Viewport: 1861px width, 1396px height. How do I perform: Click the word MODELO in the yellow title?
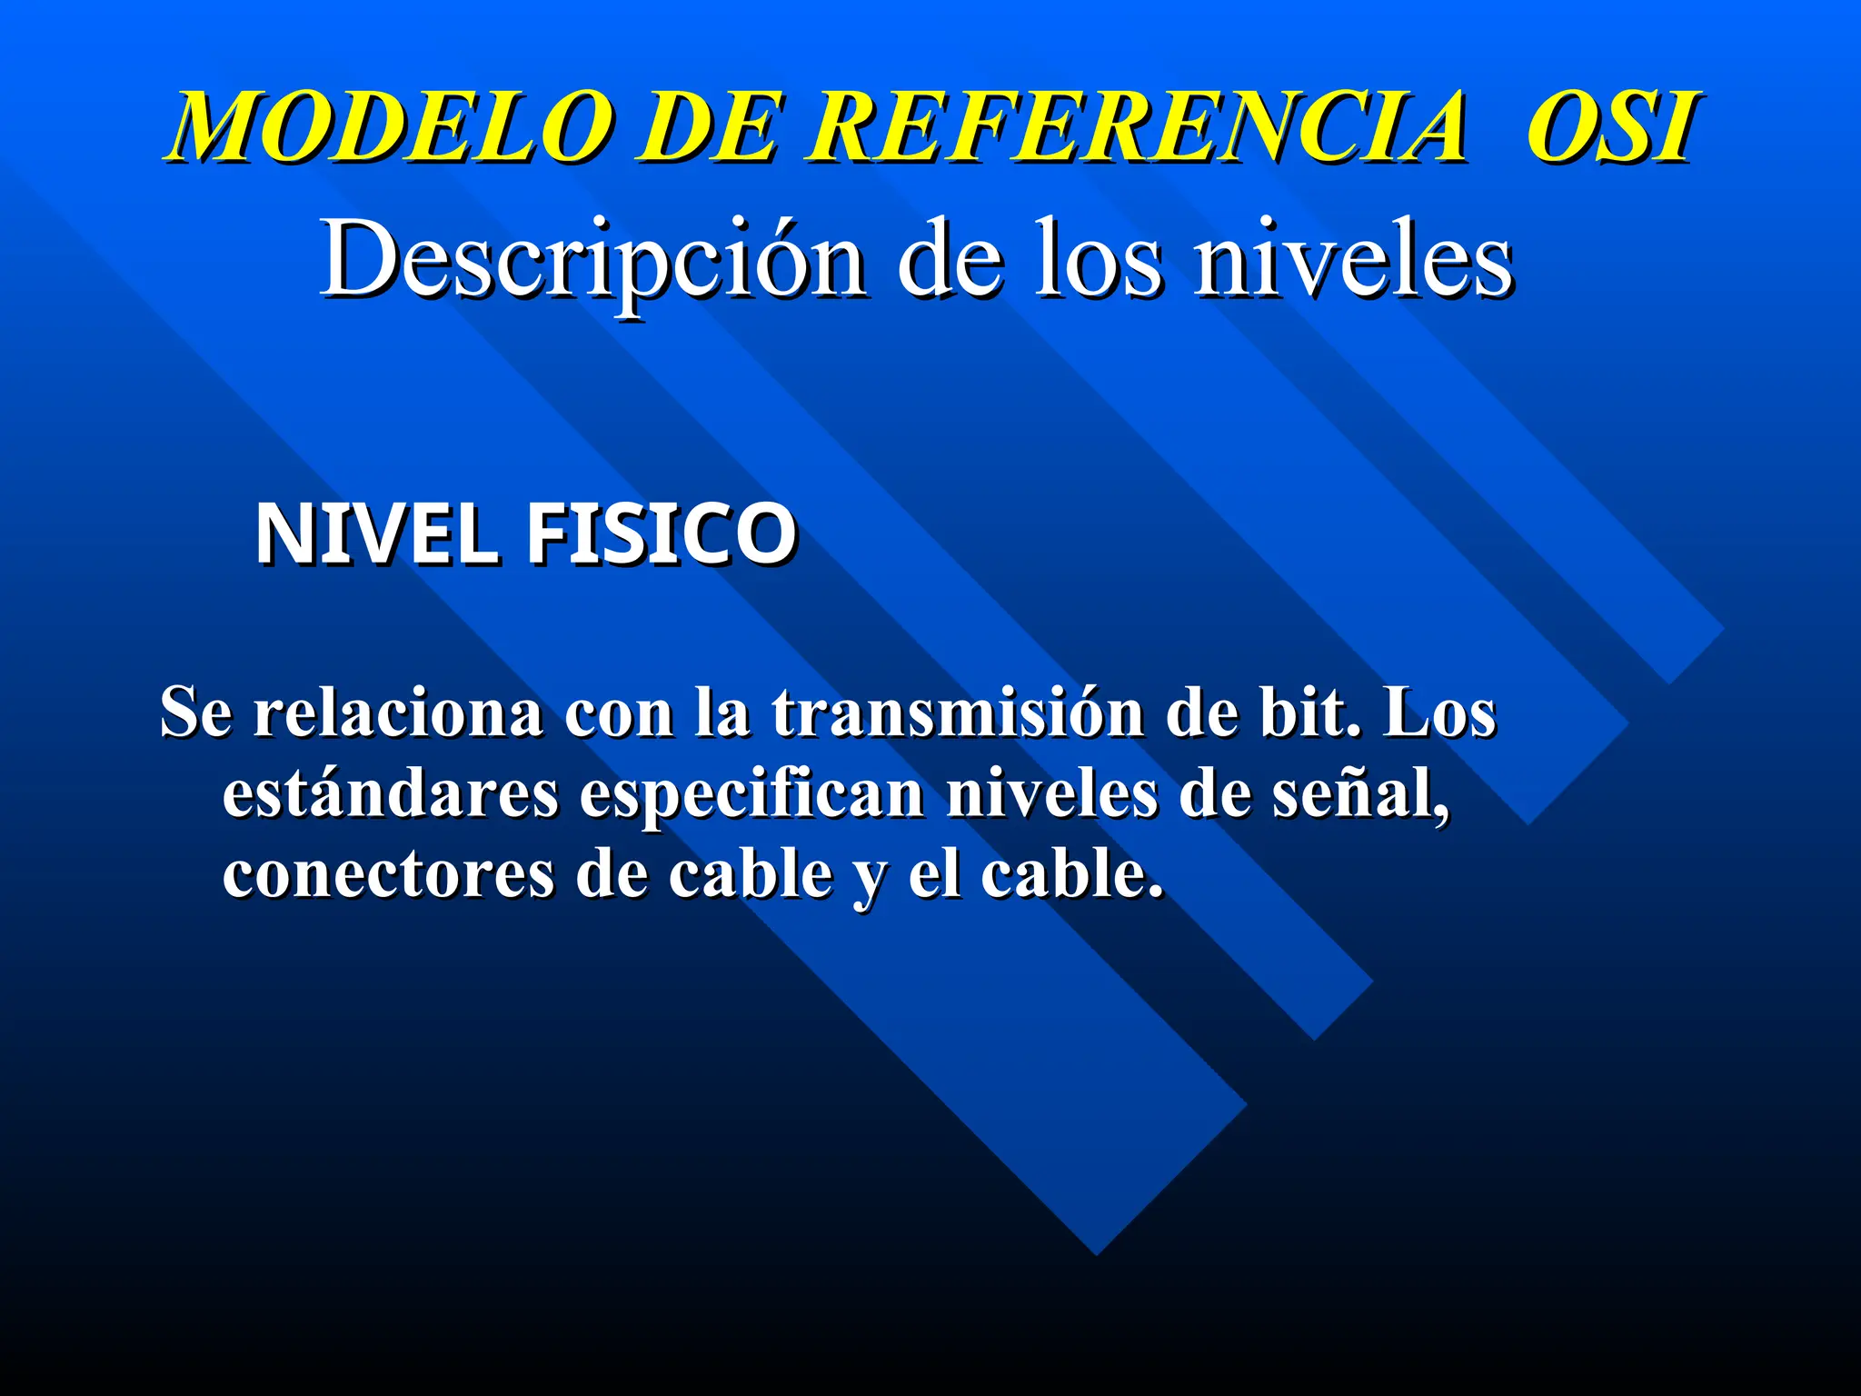[x=390, y=127]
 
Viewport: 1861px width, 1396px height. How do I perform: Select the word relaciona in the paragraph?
[x=398, y=713]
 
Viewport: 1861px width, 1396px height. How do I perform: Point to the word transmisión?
[x=959, y=713]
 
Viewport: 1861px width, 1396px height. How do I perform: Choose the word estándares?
[x=391, y=794]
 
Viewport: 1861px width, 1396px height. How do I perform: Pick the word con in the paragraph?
[x=619, y=714]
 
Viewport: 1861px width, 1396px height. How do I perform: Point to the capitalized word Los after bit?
[x=1439, y=713]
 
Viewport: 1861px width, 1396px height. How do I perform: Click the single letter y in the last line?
[x=870, y=880]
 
